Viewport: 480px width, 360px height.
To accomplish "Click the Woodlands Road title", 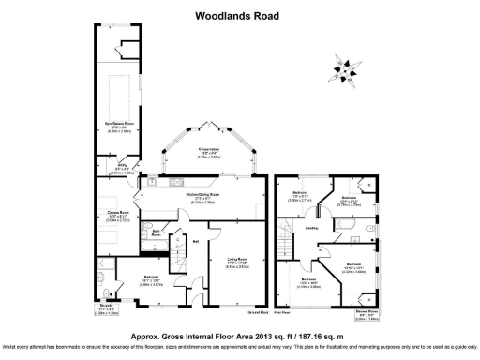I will coord(239,15).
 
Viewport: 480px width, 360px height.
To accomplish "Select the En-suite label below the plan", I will coord(109,306).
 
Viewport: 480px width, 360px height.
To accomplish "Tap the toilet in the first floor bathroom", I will coord(372,228).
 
